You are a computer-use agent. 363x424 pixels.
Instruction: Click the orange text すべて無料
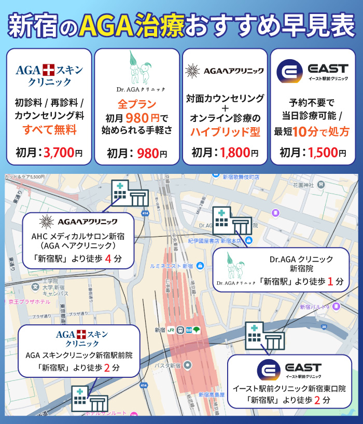click(x=49, y=130)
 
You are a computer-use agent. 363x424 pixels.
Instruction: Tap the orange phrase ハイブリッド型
click(x=226, y=131)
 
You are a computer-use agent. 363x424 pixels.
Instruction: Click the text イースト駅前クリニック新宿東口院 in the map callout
click(x=289, y=389)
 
